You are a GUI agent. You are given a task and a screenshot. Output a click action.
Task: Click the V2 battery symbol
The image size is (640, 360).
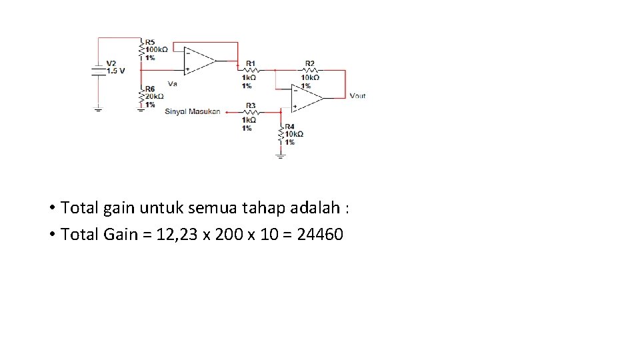(98, 69)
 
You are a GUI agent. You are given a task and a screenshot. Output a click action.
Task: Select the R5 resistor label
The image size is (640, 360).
(150, 41)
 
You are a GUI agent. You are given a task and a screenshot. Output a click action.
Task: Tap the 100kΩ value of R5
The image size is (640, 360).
(157, 49)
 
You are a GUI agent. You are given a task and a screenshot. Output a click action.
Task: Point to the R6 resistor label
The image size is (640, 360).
(150, 89)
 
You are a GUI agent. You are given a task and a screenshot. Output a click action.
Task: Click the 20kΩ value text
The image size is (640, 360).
(155, 97)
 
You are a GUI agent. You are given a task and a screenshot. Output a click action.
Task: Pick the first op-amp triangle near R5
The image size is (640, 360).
(199, 60)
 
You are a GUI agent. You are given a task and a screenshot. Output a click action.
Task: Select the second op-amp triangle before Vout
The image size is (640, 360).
(306, 98)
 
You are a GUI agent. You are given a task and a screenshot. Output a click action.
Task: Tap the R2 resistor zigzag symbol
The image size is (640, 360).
(309, 69)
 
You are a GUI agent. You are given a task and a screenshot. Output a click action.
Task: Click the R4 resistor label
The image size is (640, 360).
(289, 126)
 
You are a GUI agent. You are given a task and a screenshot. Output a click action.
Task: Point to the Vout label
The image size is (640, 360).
(357, 96)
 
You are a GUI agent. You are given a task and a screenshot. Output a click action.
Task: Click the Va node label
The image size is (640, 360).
(173, 84)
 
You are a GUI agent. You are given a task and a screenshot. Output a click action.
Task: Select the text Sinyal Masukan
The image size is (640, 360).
(192, 111)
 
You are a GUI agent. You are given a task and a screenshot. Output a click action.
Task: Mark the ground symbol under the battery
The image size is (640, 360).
(98, 109)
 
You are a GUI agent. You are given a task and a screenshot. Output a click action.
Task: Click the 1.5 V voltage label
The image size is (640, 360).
(115, 70)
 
